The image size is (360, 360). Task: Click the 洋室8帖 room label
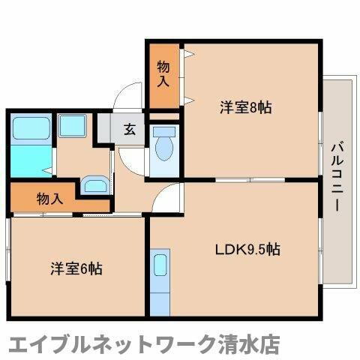(244, 108)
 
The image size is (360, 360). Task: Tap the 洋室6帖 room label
(76, 268)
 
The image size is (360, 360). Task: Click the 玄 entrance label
(130, 129)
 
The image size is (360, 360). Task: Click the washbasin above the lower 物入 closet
(94, 185)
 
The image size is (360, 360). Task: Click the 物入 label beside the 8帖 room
(162, 74)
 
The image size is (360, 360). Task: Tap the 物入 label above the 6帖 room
(49, 199)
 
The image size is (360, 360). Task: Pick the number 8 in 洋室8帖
(252, 108)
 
